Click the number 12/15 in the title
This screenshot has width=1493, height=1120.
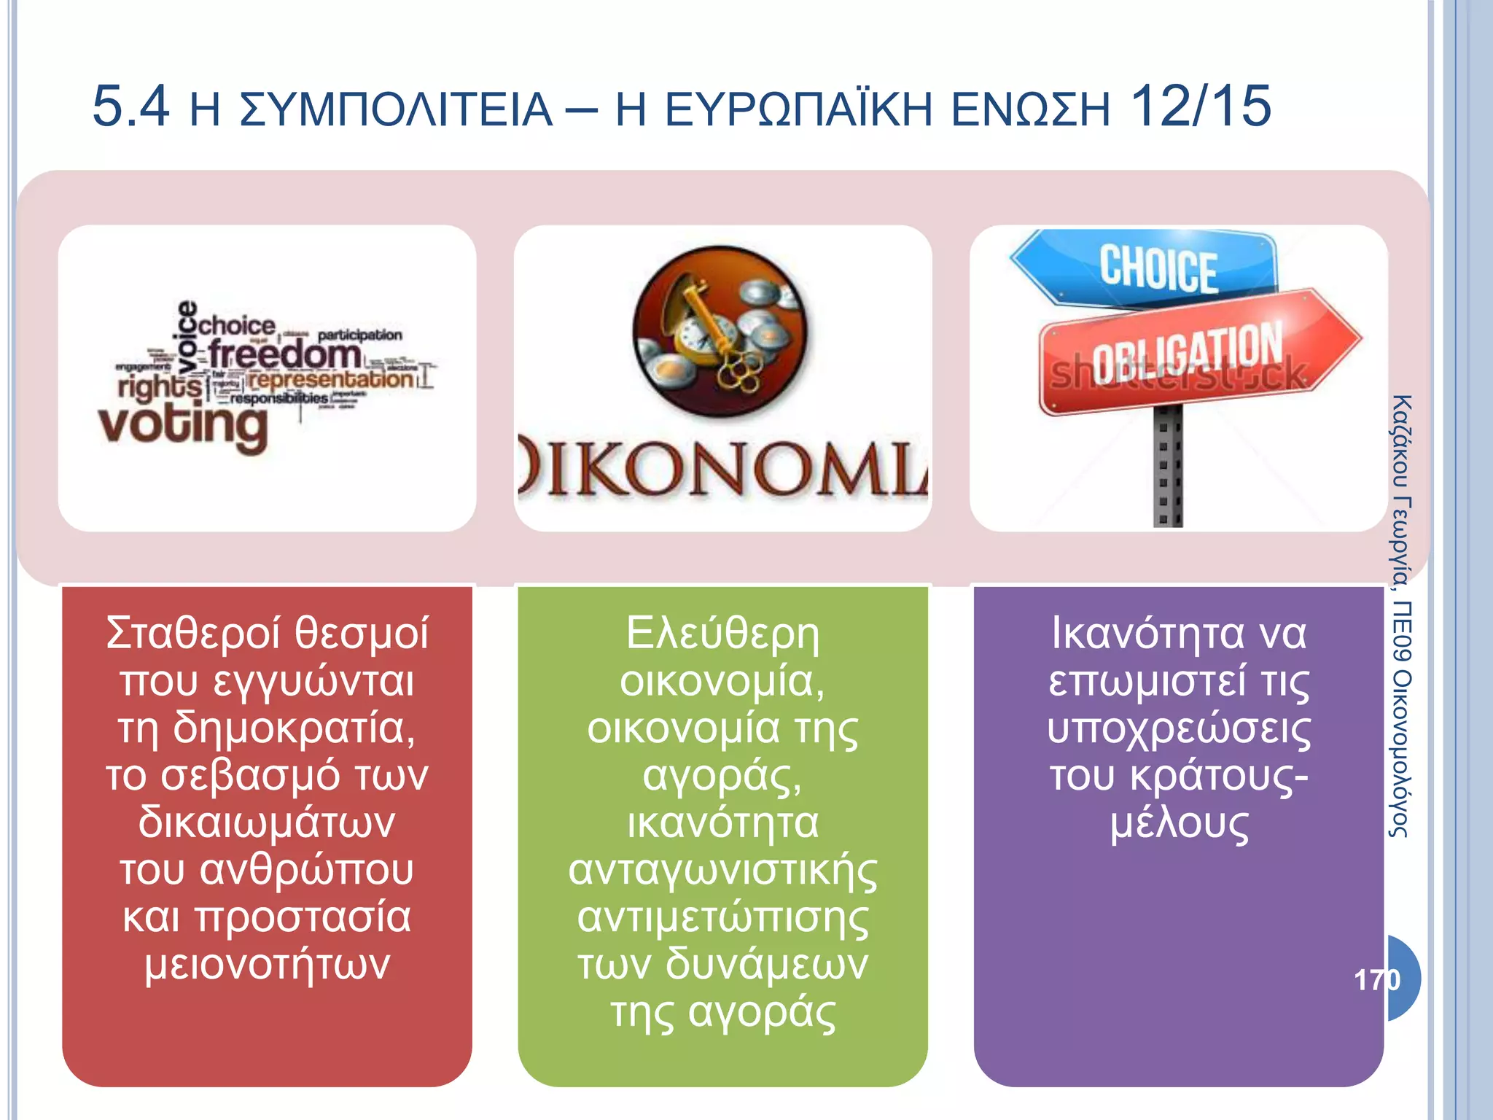(x=1199, y=107)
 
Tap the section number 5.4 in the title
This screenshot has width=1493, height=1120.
(x=131, y=107)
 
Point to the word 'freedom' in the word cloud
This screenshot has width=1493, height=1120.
(x=284, y=355)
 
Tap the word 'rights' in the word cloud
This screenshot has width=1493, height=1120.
(x=160, y=386)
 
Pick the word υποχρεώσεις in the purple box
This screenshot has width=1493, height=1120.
(x=1179, y=729)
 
